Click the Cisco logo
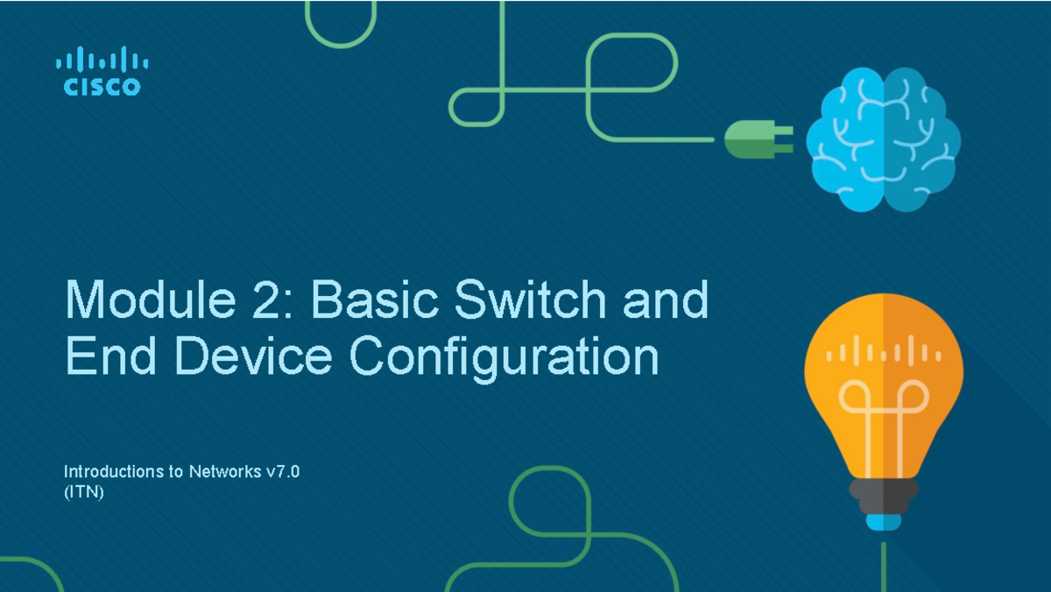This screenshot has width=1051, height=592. pos(102,72)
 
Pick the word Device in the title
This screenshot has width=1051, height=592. pos(252,356)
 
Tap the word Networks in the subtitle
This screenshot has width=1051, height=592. pos(224,472)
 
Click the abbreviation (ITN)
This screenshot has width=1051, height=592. pos(84,493)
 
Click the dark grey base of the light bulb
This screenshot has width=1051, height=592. pos(883,495)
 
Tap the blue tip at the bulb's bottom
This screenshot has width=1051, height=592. pos(883,522)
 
